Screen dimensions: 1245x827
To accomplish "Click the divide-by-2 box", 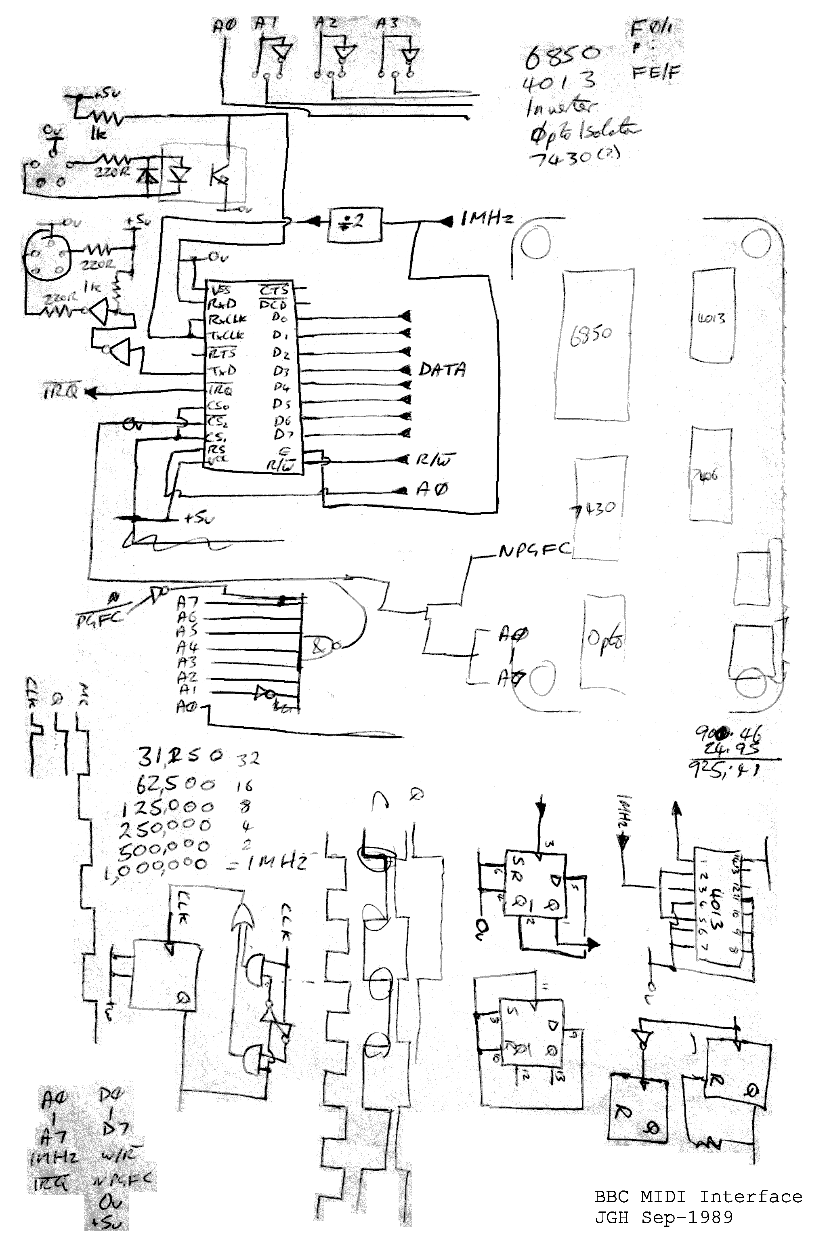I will (x=354, y=225).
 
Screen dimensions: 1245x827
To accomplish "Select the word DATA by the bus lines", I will (x=442, y=369).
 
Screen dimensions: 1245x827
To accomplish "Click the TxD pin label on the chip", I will (x=222, y=371).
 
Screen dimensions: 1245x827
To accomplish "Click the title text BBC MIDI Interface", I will (x=698, y=1197).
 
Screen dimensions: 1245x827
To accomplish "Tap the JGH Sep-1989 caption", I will (x=663, y=1217).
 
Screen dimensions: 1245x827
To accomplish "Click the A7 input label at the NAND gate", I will (x=188, y=601).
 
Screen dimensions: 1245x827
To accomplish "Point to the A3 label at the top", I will (x=388, y=23).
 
